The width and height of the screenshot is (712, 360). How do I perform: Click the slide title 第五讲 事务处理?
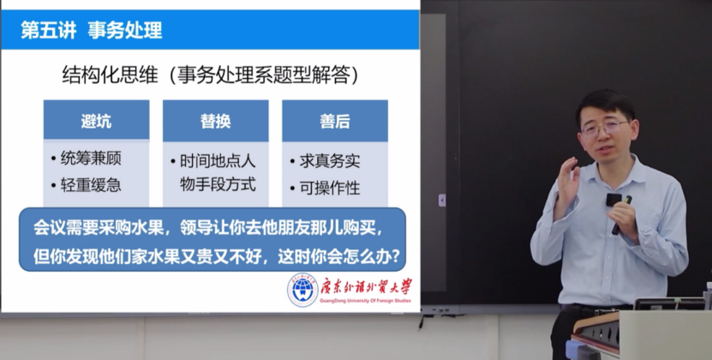(x=92, y=30)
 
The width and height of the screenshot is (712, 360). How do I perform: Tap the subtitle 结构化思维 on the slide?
(x=110, y=75)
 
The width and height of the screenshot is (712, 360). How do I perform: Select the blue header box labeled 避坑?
(x=96, y=120)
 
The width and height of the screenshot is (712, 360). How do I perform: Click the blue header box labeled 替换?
(x=216, y=121)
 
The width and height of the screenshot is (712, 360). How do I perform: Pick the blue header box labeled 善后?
(x=335, y=121)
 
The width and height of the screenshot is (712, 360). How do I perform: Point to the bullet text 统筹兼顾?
(x=91, y=159)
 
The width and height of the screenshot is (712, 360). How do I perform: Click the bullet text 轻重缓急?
(x=91, y=185)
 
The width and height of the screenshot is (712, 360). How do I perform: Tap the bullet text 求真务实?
(x=330, y=161)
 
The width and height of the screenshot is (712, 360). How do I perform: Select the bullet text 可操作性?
(x=330, y=188)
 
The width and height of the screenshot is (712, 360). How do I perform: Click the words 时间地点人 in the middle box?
(x=218, y=161)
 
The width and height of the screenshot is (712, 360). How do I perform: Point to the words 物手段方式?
(x=218, y=184)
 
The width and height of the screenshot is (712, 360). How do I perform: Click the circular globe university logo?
(x=302, y=290)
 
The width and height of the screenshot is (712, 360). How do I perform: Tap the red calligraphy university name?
(x=366, y=287)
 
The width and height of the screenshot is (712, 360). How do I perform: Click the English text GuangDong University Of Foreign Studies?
(x=365, y=301)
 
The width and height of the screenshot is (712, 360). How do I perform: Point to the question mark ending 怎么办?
(x=395, y=257)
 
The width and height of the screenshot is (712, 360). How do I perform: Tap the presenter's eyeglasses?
(x=604, y=127)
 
